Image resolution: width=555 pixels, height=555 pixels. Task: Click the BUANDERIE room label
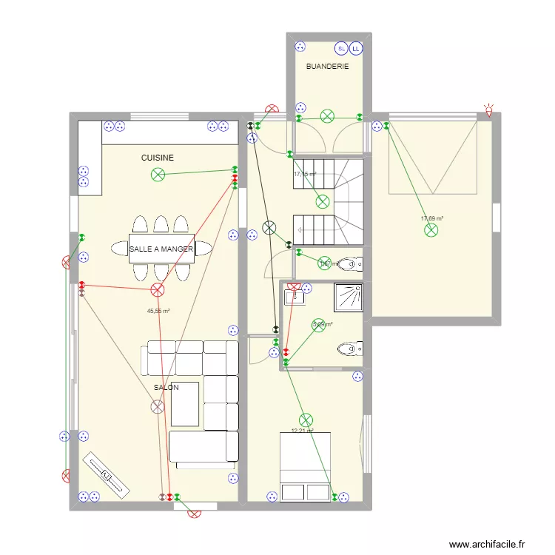[x=327, y=67]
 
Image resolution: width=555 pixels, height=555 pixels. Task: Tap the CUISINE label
[x=158, y=158]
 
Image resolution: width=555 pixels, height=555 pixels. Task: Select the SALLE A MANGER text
[x=161, y=249]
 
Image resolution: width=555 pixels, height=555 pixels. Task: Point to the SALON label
[x=166, y=387]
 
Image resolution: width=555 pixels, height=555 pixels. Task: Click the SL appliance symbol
[x=341, y=48]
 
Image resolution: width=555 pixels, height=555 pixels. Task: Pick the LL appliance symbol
[x=356, y=48]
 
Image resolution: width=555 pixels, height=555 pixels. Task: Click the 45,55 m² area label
[x=158, y=312]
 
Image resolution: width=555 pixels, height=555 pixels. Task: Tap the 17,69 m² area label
[x=431, y=218]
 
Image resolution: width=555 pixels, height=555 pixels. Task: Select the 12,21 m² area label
[x=302, y=431]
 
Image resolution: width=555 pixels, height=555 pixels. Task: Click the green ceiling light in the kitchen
[x=158, y=175]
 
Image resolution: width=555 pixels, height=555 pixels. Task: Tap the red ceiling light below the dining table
[x=158, y=290]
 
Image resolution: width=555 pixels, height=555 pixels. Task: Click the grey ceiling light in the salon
[x=158, y=406]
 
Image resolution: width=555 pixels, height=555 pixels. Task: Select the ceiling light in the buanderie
[x=327, y=115]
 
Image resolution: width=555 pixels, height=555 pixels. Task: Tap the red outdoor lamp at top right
[x=488, y=110]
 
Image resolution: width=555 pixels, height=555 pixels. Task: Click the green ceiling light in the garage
[x=431, y=231]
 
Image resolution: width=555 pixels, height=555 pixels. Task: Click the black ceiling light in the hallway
[x=269, y=228]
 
